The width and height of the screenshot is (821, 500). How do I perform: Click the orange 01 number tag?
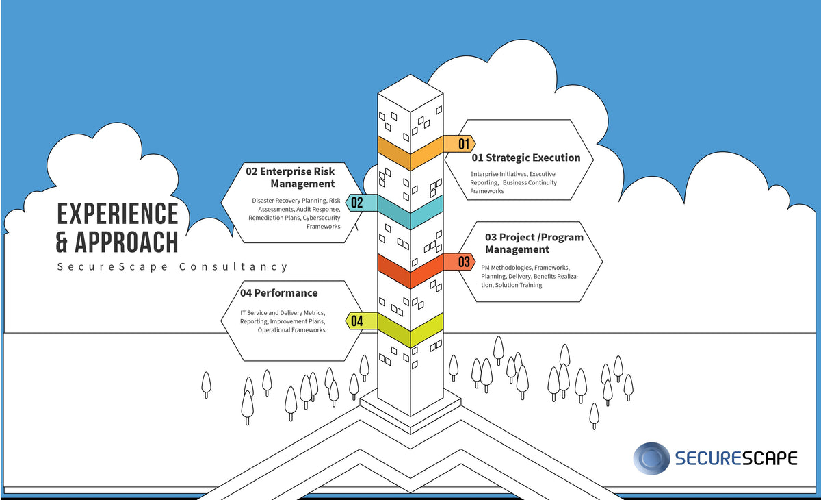[463, 144]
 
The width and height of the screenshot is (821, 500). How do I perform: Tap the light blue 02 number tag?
[358, 202]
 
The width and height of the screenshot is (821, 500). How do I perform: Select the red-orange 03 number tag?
[463, 262]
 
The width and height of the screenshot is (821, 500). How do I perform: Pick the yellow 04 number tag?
[358, 321]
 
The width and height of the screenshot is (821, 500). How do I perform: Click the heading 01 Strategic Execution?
[526, 158]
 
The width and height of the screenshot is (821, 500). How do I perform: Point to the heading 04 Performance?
[278, 293]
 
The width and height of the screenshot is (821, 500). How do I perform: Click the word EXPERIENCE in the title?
[117, 214]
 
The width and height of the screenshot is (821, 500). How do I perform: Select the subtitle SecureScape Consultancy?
[172, 267]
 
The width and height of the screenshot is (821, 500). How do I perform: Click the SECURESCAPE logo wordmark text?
[736, 458]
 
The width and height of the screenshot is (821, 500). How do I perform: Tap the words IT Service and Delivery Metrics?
[283, 313]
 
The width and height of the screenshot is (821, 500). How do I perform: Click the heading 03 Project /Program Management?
[534, 243]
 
